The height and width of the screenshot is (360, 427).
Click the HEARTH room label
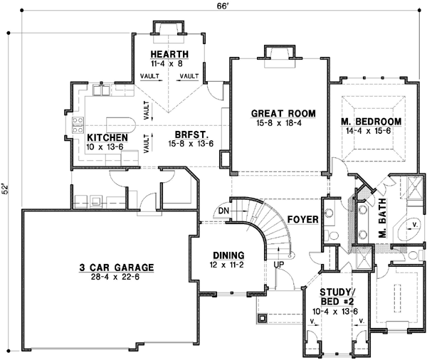coord(169,55)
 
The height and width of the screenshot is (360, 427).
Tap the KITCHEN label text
coord(107,137)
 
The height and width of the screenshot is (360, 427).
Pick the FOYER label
coord(302,220)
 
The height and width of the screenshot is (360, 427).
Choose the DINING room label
coord(228,255)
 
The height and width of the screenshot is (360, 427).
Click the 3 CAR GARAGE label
coord(117,268)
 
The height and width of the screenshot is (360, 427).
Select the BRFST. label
coord(191,134)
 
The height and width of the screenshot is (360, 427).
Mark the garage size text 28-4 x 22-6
coord(117,278)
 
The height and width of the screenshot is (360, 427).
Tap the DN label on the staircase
coord(223,211)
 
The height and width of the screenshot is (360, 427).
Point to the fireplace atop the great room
coord(275,52)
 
